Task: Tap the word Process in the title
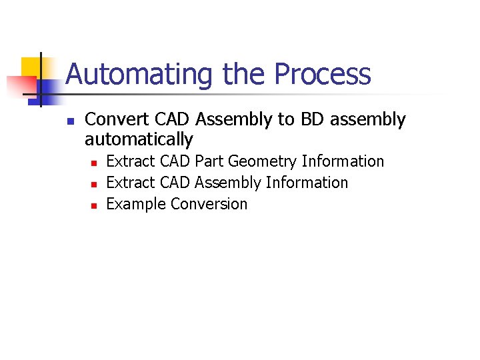tap(323, 75)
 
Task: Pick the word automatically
tap(139, 140)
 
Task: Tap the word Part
tap(209, 161)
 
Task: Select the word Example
tap(137, 204)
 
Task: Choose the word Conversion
tap(209, 204)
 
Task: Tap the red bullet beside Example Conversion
tap(94, 205)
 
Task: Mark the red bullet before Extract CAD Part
tap(94, 163)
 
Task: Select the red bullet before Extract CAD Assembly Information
tap(94, 184)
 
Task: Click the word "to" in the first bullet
tap(285, 120)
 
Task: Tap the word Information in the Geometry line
tap(343, 161)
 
